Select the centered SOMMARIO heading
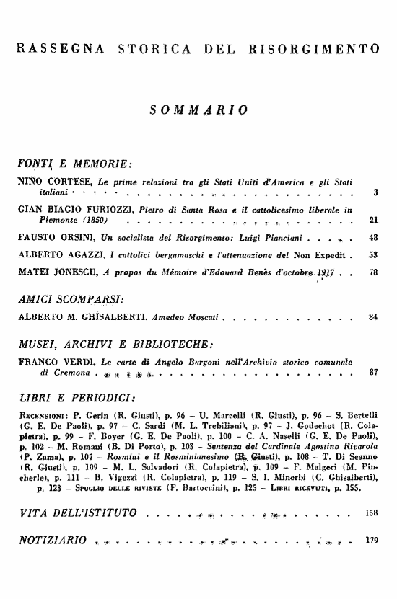click(x=198, y=110)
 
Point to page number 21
click(x=373, y=220)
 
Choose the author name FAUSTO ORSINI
click(x=53, y=238)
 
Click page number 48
click(x=373, y=238)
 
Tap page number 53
click(x=373, y=255)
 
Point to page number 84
click(x=373, y=317)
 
